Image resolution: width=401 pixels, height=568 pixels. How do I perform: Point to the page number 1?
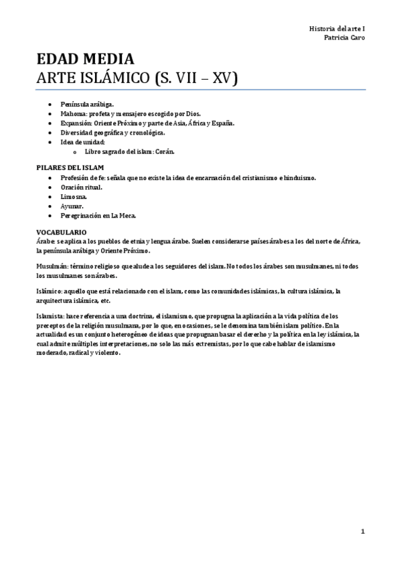coord(362,532)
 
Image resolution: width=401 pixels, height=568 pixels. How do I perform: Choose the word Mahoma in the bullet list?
coord(72,115)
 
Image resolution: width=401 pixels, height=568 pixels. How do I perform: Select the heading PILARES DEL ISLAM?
coord(70,167)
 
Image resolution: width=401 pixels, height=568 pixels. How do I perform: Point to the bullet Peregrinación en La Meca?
coord(98,216)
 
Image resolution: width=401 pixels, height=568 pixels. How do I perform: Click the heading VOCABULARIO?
coord(61,231)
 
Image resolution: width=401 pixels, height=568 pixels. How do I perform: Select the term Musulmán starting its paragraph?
coord(52,266)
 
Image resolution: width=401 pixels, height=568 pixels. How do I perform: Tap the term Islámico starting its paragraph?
coord(49,291)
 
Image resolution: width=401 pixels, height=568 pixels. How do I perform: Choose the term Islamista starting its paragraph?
coord(50,315)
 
